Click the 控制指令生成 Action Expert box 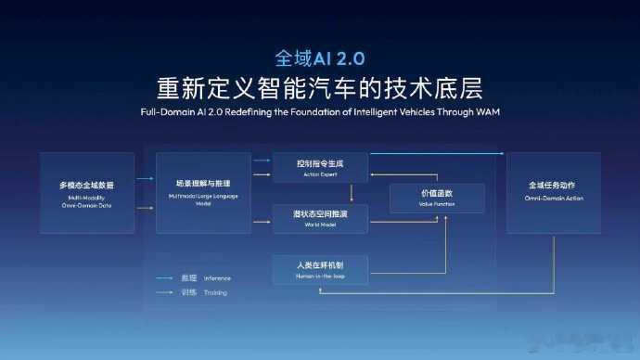(x=320, y=168)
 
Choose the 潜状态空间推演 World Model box (x=320, y=218)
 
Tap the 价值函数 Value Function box (x=437, y=197)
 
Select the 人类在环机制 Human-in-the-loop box (x=320, y=269)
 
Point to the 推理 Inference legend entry (x=202, y=277)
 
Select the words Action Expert (x=320, y=174)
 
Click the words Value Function (x=437, y=203)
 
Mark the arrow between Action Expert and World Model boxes (x=351, y=193)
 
